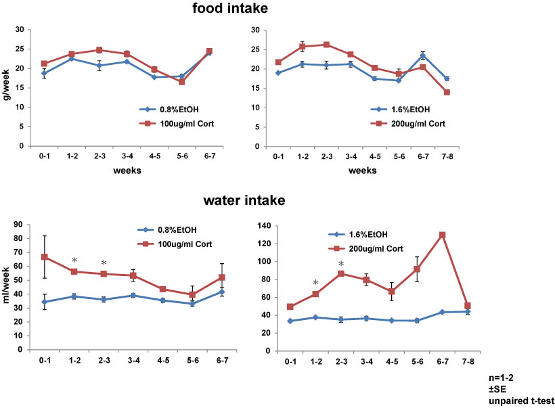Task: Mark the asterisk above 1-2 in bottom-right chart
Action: pos(315,283)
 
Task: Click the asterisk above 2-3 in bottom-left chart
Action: pos(104,263)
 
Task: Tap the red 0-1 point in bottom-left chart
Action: pos(44,257)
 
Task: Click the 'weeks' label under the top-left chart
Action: pos(127,171)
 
